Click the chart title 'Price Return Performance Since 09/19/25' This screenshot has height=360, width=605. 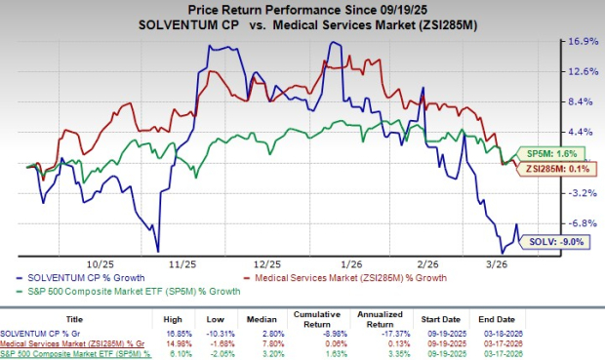pyautogui.click(x=302, y=9)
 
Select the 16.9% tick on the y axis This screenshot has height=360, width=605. pyautogui.click(x=583, y=41)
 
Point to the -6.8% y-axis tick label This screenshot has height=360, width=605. pyautogui.click(x=583, y=222)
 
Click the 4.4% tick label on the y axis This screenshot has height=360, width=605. pyautogui.click(x=583, y=132)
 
